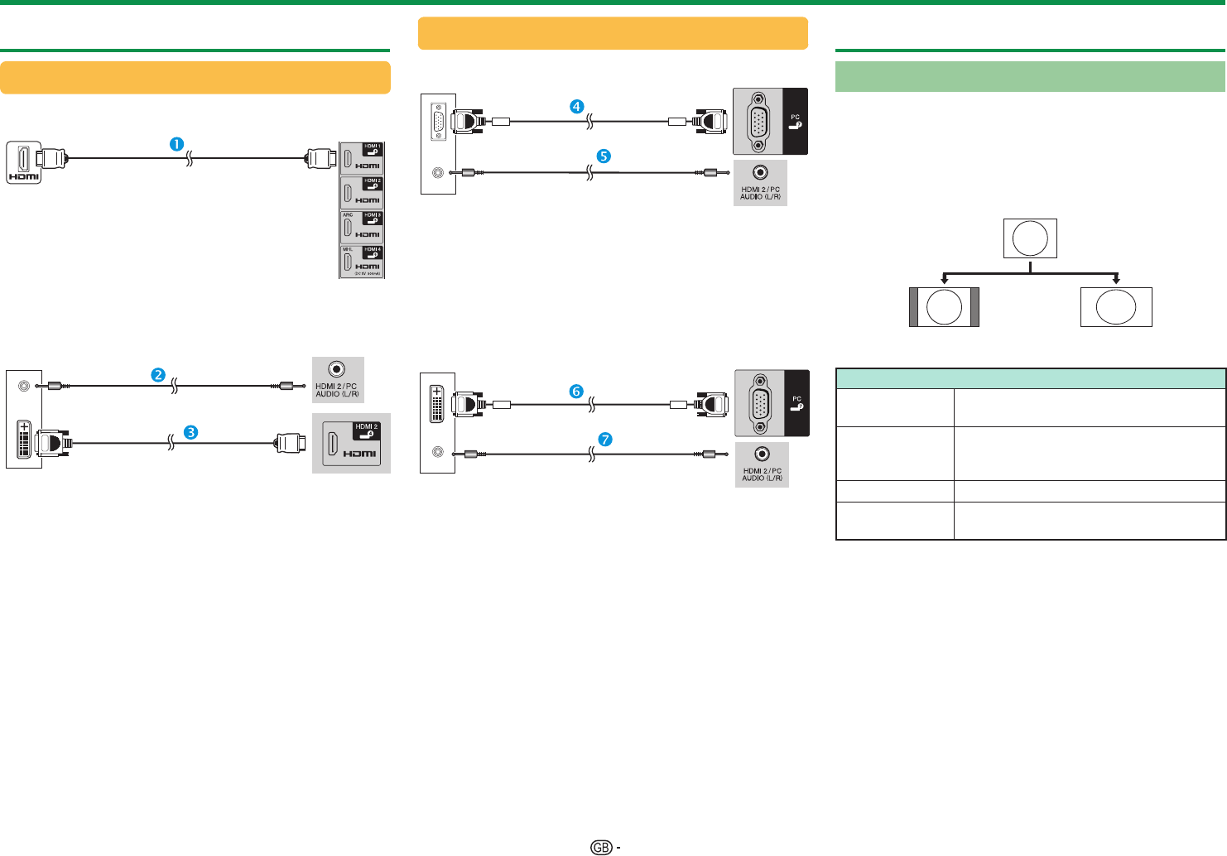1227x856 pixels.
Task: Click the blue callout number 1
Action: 176,143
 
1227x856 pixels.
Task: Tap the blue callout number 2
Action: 158,375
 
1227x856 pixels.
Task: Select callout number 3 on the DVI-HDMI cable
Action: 190,432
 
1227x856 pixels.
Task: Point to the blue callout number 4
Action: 576,106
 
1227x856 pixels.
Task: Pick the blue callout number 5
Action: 604,156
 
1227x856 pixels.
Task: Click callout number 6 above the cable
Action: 576,392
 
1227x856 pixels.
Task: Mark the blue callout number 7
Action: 605,440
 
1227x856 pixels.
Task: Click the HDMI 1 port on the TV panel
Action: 349,158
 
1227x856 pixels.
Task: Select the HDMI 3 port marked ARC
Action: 349,228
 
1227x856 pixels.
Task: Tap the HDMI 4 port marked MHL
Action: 349,262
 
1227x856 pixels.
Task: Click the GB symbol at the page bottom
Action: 602,847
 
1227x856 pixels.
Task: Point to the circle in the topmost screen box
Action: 1030,238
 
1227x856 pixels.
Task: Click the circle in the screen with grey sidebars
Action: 944,307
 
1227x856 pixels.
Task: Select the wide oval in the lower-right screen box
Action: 1116,307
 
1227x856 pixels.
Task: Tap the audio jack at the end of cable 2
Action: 337,369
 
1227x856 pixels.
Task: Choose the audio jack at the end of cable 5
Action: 760,172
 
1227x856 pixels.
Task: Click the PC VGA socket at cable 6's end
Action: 759,404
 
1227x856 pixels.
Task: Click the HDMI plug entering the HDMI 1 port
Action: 320,158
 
